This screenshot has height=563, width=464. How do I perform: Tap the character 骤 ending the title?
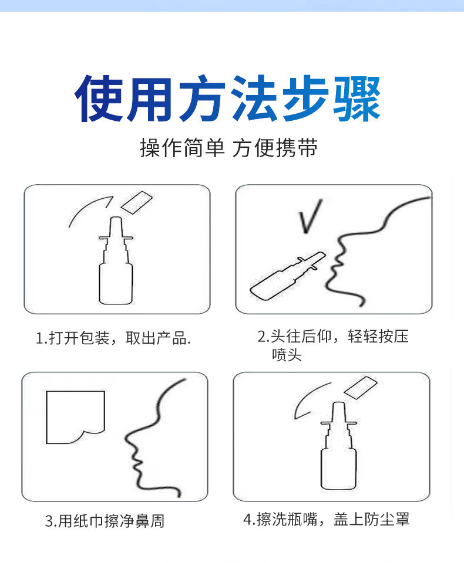(x=357, y=99)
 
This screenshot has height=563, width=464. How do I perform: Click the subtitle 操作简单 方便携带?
(x=228, y=148)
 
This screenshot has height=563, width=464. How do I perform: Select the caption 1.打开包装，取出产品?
(x=113, y=338)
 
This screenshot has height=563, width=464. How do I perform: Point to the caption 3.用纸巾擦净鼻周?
(x=105, y=521)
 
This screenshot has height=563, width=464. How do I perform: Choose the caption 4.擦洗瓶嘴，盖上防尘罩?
(x=326, y=519)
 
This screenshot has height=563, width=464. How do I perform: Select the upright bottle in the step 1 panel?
(x=116, y=260)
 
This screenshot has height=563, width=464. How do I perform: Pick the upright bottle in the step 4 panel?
(x=338, y=446)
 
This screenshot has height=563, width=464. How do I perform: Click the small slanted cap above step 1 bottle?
(x=137, y=202)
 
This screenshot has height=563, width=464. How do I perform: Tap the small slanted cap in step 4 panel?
(x=361, y=388)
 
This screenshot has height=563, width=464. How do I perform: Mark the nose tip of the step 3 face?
(x=126, y=437)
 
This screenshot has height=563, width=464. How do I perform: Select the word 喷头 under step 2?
(x=287, y=355)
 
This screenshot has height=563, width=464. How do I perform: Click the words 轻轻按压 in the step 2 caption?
(x=378, y=337)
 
